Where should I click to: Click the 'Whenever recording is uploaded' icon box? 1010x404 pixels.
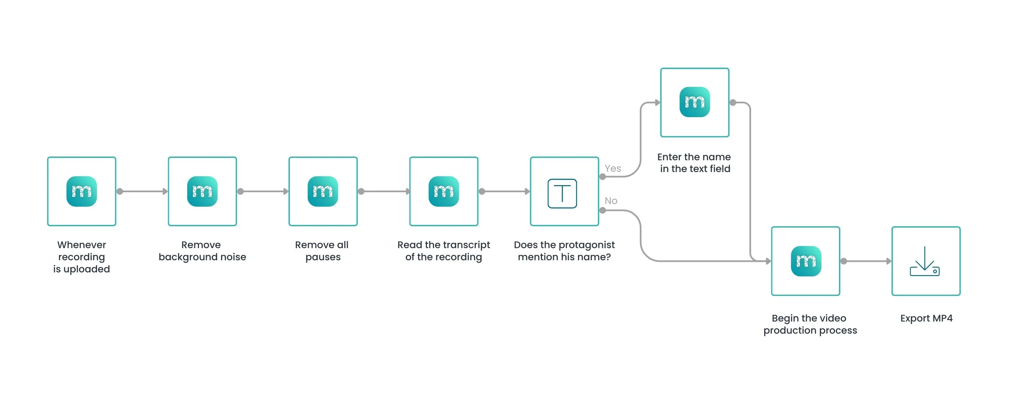tap(81, 192)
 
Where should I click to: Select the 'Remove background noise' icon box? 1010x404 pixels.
tap(202, 192)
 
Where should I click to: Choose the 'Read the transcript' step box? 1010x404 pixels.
tap(444, 192)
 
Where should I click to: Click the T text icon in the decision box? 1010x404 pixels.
tap(562, 193)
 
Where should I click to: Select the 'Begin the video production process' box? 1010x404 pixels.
tap(806, 261)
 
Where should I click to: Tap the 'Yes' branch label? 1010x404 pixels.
tap(613, 168)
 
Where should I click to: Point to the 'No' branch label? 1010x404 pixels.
tap(611, 201)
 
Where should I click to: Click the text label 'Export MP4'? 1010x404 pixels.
tap(926, 318)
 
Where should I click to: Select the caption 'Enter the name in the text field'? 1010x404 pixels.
tap(694, 163)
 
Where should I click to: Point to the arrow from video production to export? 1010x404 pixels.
tap(867, 261)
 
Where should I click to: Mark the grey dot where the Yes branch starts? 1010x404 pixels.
tap(603, 177)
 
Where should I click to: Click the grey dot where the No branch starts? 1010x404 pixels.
tap(603, 211)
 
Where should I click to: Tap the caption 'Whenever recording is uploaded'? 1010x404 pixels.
tap(81, 257)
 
